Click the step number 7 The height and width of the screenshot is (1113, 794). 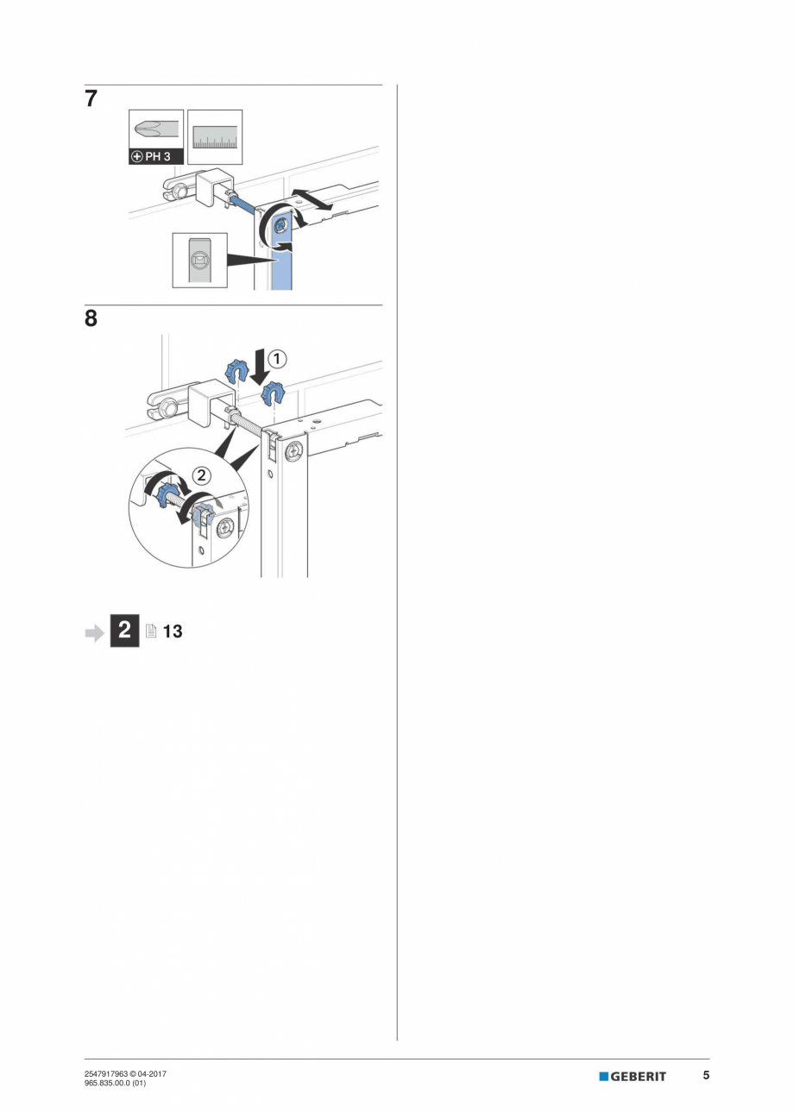(x=91, y=98)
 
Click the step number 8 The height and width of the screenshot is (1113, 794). (x=91, y=319)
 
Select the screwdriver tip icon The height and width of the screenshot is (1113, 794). (x=155, y=129)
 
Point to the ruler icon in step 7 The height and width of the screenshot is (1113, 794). (x=214, y=136)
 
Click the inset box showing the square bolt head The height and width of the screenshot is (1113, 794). (x=199, y=260)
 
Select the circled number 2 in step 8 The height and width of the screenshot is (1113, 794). (x=200, y=474)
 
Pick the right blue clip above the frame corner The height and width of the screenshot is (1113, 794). (x=274, y=393)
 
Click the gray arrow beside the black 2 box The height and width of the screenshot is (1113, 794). (x=93, y=632)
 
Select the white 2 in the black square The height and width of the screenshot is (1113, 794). (x=124, y=631)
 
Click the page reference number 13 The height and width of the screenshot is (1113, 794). (x=173, y=632)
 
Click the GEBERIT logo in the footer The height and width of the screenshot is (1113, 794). (x=633, y=1076)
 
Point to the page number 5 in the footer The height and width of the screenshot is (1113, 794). (x=706, y=1075)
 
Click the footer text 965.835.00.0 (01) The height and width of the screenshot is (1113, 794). (x=115, y=1082)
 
